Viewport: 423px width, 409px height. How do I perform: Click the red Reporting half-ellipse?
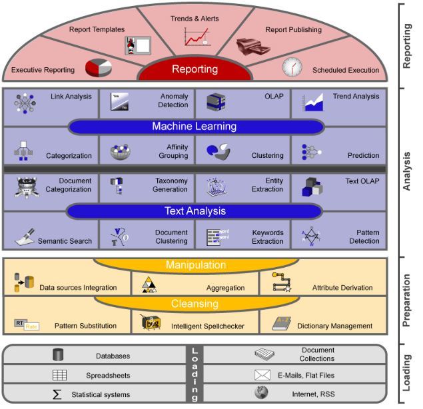[x=195, y=69]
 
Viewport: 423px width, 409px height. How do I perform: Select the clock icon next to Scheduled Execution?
[x=292, y=67]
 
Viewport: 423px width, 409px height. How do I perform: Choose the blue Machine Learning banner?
[x=195, y=127]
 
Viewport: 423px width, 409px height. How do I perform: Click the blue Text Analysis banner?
[x=195, y=211]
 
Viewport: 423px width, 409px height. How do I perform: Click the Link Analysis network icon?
[x=25, y=102]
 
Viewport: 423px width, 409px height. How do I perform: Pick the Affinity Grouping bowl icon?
[x=121, y=151]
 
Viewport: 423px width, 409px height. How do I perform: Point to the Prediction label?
[x=363, y=156]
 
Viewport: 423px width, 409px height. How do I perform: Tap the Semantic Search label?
[x=65, y=240]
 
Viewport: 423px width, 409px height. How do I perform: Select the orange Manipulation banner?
[x=195, y=266]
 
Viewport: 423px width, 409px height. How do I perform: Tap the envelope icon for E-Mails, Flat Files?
[x=262, y=375]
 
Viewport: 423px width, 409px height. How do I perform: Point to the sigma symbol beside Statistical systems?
[x=57, y=394]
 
